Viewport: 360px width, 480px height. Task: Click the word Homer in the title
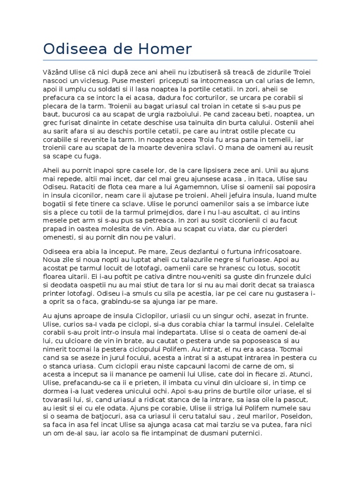pos(166,49)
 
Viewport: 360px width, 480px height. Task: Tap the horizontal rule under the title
pos(180,60)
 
